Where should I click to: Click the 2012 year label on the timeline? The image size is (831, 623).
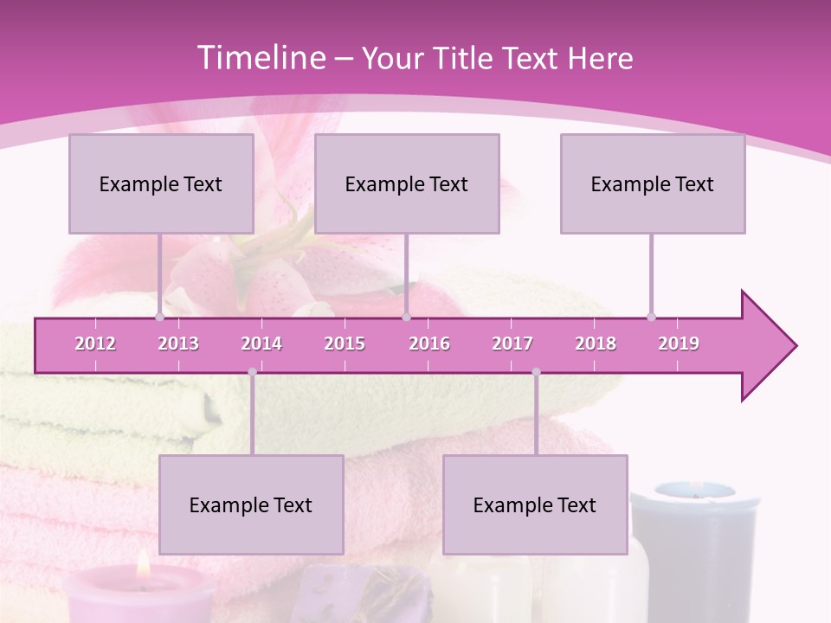pyautogui.click(x=95, y=344)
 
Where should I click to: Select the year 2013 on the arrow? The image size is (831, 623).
pyautogui.click(x=178, y=344)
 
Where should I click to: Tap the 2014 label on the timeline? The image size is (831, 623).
pyautogui.click(x=261, y=344)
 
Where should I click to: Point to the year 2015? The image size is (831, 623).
pyautogui.click(x=345, y=344)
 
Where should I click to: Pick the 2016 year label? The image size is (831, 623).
pyautogui.click(x=429, y=344)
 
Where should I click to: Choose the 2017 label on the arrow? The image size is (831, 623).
pyautogui.click(x=512, y=344)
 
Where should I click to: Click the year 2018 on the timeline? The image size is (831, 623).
pyautogui.click(x=596, y=344)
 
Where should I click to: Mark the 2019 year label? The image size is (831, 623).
pyautogui.click(x=679, y=344)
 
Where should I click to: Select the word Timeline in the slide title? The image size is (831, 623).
pyautogui.click(x=260, y=58)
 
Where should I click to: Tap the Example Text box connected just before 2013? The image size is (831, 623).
pyautogui.click(x=161, y=183)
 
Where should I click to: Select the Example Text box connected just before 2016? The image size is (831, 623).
pyautogui.click(x=407, y=183)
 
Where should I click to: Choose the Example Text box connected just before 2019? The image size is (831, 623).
pyautogui.click(x=653, y=183)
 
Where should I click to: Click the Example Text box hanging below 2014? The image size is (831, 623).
pyautogui.click(x=251, y=504)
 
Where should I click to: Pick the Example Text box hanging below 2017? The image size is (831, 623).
pyautogui.click(x=535, y=504)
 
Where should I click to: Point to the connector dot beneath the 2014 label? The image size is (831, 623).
pyautogui.click(x=252, y=372)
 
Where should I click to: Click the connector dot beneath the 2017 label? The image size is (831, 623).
pyautogui.click(x=536, y=372)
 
